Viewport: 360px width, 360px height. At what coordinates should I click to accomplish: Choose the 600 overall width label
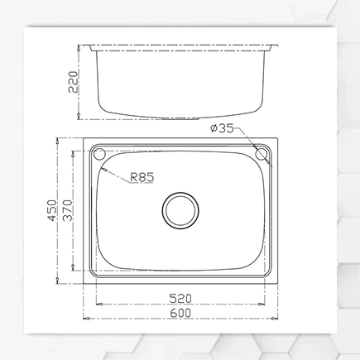tap(181, 313)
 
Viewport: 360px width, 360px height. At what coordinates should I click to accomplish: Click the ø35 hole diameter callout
tap(226, 128)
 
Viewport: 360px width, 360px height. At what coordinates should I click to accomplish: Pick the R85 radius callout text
tap(142, 176)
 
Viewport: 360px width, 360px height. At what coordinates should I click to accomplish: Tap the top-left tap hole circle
tap(99, 155)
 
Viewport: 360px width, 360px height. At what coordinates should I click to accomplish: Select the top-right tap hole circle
tap(264, 155)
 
